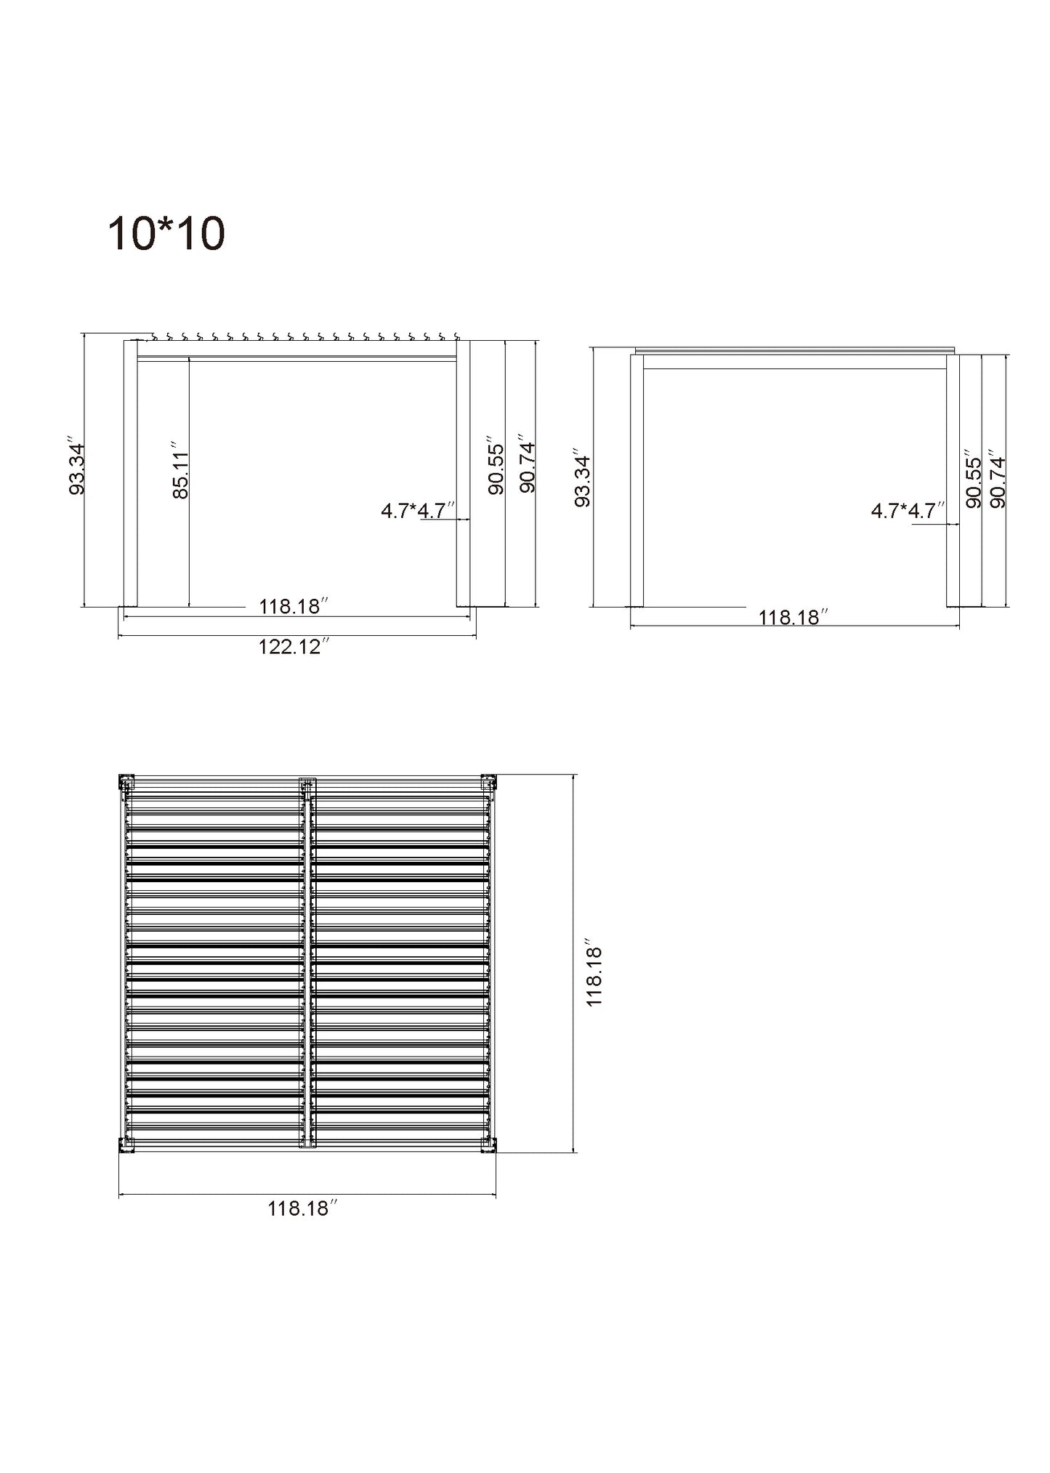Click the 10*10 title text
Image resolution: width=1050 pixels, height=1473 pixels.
point(166,234)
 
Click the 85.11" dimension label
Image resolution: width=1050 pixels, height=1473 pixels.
point(181,469)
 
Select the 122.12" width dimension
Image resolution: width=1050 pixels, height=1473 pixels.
point(294,646)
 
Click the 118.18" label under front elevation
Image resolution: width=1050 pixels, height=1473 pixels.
point(294,606)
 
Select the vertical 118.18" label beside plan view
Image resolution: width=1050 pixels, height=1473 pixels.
point(594,976)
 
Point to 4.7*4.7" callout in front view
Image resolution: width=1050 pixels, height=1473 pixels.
point(418,511)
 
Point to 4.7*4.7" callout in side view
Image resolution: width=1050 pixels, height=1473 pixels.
point(908,511)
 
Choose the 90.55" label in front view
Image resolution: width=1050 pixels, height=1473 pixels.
point(496,465)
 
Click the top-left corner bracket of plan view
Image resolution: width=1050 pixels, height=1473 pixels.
point(126,782)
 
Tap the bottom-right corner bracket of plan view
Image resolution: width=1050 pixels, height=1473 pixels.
point(488,1145)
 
